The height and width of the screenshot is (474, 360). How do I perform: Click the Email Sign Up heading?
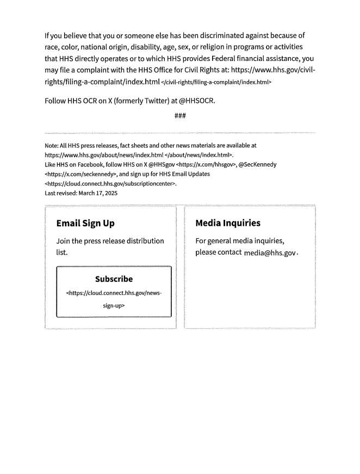85,223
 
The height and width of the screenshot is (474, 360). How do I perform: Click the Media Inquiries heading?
228,223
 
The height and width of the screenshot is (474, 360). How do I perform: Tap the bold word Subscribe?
114,279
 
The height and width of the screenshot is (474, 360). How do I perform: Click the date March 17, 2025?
82,193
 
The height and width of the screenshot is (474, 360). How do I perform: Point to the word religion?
232,50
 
